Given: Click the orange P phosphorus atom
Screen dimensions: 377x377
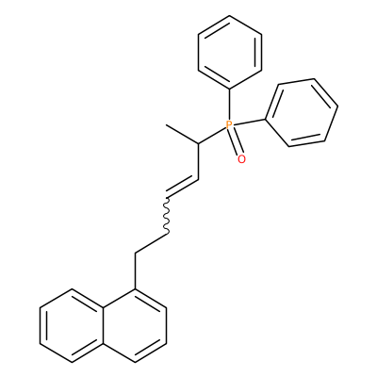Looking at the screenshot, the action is [229, 125].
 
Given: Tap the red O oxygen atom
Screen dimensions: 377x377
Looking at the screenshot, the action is [241, 159].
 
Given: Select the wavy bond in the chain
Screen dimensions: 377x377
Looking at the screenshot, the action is [167, 215].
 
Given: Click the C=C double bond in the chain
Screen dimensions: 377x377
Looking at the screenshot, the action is [182, 188].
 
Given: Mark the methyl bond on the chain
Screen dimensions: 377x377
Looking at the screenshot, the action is [182, 134].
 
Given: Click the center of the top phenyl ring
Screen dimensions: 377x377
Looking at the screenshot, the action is [230, 52].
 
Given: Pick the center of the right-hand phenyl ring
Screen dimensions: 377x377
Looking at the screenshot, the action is [302, 112].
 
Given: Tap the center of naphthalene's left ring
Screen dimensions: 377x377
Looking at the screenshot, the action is [72, 325].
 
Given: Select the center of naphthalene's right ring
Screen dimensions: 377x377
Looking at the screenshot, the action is [135, 325].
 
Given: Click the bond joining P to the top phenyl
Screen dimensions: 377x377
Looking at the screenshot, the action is [230, 104].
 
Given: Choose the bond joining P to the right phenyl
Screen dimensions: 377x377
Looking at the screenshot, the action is [249, 123].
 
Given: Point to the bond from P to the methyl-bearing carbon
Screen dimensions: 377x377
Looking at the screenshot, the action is [212, 136].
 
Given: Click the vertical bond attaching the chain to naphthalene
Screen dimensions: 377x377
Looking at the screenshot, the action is [135, 270].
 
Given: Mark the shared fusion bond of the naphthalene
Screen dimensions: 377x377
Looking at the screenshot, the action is [104, 325].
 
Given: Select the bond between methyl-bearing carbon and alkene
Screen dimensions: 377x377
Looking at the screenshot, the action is [199, 161].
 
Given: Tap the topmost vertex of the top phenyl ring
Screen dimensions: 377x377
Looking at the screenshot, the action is [230, 15].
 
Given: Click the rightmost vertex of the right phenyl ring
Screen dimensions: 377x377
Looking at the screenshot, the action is [337, 107].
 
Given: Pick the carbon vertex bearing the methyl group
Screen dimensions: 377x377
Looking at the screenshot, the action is [199, 143].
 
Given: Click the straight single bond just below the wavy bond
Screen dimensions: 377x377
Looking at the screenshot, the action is [151, 243].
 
